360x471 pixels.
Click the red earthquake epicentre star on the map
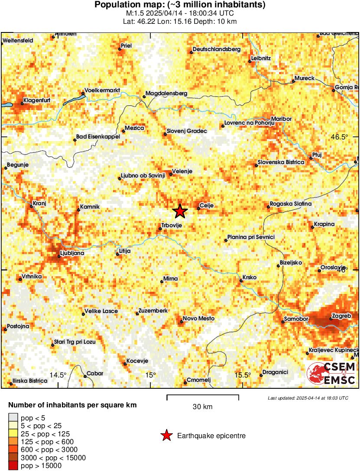coord(180,211)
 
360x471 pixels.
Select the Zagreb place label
coord(341,316)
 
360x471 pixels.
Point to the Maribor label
coord(282,119)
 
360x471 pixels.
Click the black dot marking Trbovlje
coord(160,229)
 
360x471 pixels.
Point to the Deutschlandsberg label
coord(217,49)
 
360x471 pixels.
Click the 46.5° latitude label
coord(339,137)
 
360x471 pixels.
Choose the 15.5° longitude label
coord(243,375)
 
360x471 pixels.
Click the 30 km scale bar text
coord(202,407)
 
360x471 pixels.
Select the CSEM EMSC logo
coord(331,374)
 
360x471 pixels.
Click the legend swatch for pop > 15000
coord(13,466)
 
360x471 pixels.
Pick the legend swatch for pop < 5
coord(13,418)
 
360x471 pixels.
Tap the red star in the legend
coord(166,436)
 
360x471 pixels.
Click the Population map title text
coord(180,5)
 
